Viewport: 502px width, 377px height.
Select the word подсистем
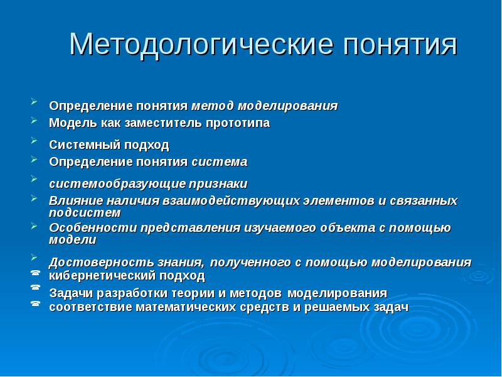click(x=81, y=212)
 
